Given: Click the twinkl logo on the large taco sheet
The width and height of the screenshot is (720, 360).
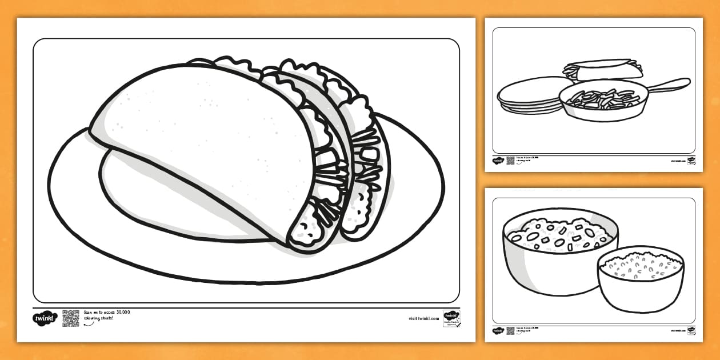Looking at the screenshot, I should point(45,318).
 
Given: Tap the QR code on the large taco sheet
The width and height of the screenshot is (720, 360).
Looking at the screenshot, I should point(71,318).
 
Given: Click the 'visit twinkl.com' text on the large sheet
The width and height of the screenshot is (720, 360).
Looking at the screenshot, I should point(423,318).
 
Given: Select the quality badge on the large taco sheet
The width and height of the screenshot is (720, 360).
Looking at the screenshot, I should point(451,318).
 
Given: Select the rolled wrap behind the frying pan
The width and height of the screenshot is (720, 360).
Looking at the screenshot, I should point(602,70).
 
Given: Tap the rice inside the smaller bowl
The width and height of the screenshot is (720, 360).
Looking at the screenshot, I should point(641,265).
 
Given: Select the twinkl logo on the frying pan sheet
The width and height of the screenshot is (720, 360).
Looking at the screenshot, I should point(498,161).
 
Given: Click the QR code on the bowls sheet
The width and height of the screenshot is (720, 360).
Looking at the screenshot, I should point(510,330).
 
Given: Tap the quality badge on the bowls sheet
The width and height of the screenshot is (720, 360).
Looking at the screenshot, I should point(691,330).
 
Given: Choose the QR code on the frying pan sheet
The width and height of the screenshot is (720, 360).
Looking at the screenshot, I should point(510,161).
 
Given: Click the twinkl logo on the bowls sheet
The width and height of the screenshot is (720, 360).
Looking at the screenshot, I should point(498,330).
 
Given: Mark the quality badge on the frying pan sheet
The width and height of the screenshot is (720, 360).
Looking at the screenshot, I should point(691,161).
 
